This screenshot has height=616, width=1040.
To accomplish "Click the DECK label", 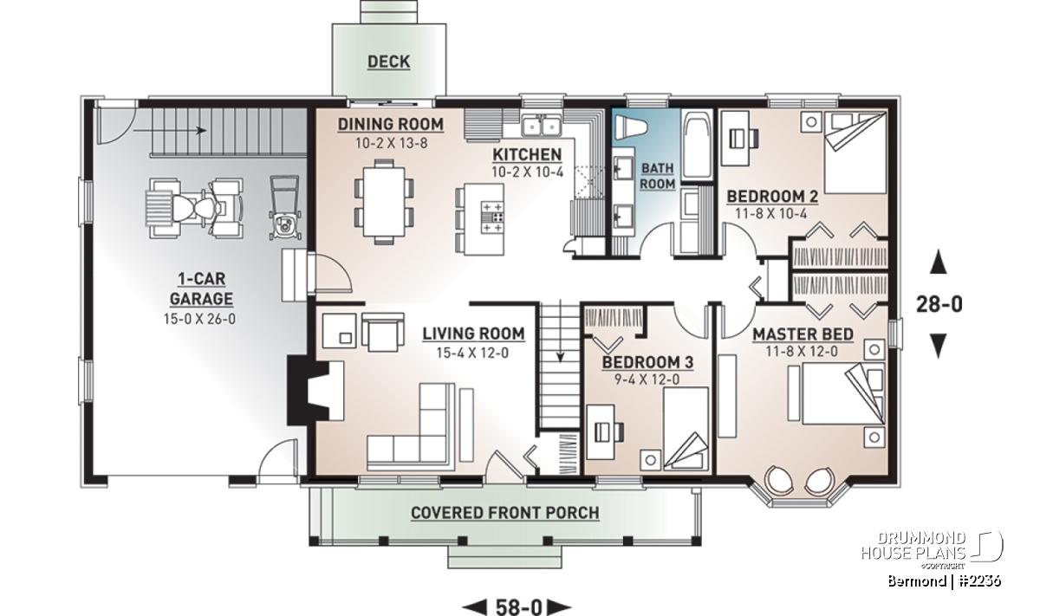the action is (388, 62).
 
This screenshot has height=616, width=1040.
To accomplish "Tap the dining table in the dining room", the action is (384, 203).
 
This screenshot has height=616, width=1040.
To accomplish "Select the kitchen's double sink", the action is (542, 126).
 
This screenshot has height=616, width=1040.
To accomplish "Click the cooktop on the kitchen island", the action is (492, 217).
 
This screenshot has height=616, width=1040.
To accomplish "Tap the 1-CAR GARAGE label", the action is (201, 289).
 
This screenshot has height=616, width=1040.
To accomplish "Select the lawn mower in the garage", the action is (284, 208).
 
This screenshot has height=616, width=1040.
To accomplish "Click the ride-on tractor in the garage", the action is (195, 210).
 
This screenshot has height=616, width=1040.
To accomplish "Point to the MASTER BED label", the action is (803, 334).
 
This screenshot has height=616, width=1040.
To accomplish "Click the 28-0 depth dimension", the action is (939, 304).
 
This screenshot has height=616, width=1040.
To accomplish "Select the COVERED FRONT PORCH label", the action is (504, 513).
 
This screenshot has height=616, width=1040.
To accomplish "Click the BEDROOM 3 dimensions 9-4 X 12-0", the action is (647, 379).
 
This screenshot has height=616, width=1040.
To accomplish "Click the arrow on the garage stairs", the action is (170, 131).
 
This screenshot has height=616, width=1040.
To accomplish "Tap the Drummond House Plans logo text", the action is (913, 546).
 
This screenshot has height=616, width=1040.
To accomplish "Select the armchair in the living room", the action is (383, 332).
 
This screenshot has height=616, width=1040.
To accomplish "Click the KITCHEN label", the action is (527, 154).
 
